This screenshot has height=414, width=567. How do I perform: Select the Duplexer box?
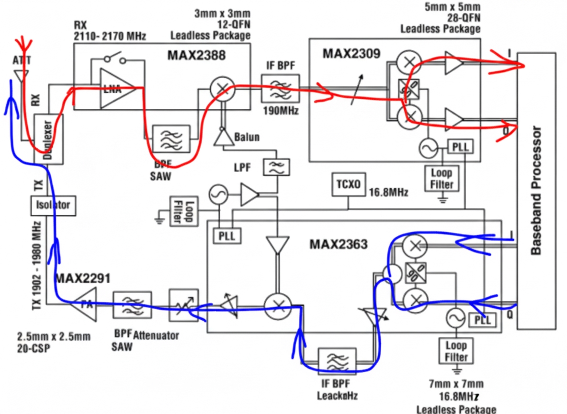click(49, 139)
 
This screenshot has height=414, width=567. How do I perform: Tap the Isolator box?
click(53, 205)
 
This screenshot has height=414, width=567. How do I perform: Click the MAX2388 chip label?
click(196, 56)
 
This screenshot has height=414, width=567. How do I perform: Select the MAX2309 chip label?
click(352, 53)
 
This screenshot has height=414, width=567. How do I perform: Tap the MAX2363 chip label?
click(338, 244)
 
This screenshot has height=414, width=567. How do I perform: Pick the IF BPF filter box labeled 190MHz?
click(280, 88)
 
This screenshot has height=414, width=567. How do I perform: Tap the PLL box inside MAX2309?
click(459, 146)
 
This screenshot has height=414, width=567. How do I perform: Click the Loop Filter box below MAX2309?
click(442, 178)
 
